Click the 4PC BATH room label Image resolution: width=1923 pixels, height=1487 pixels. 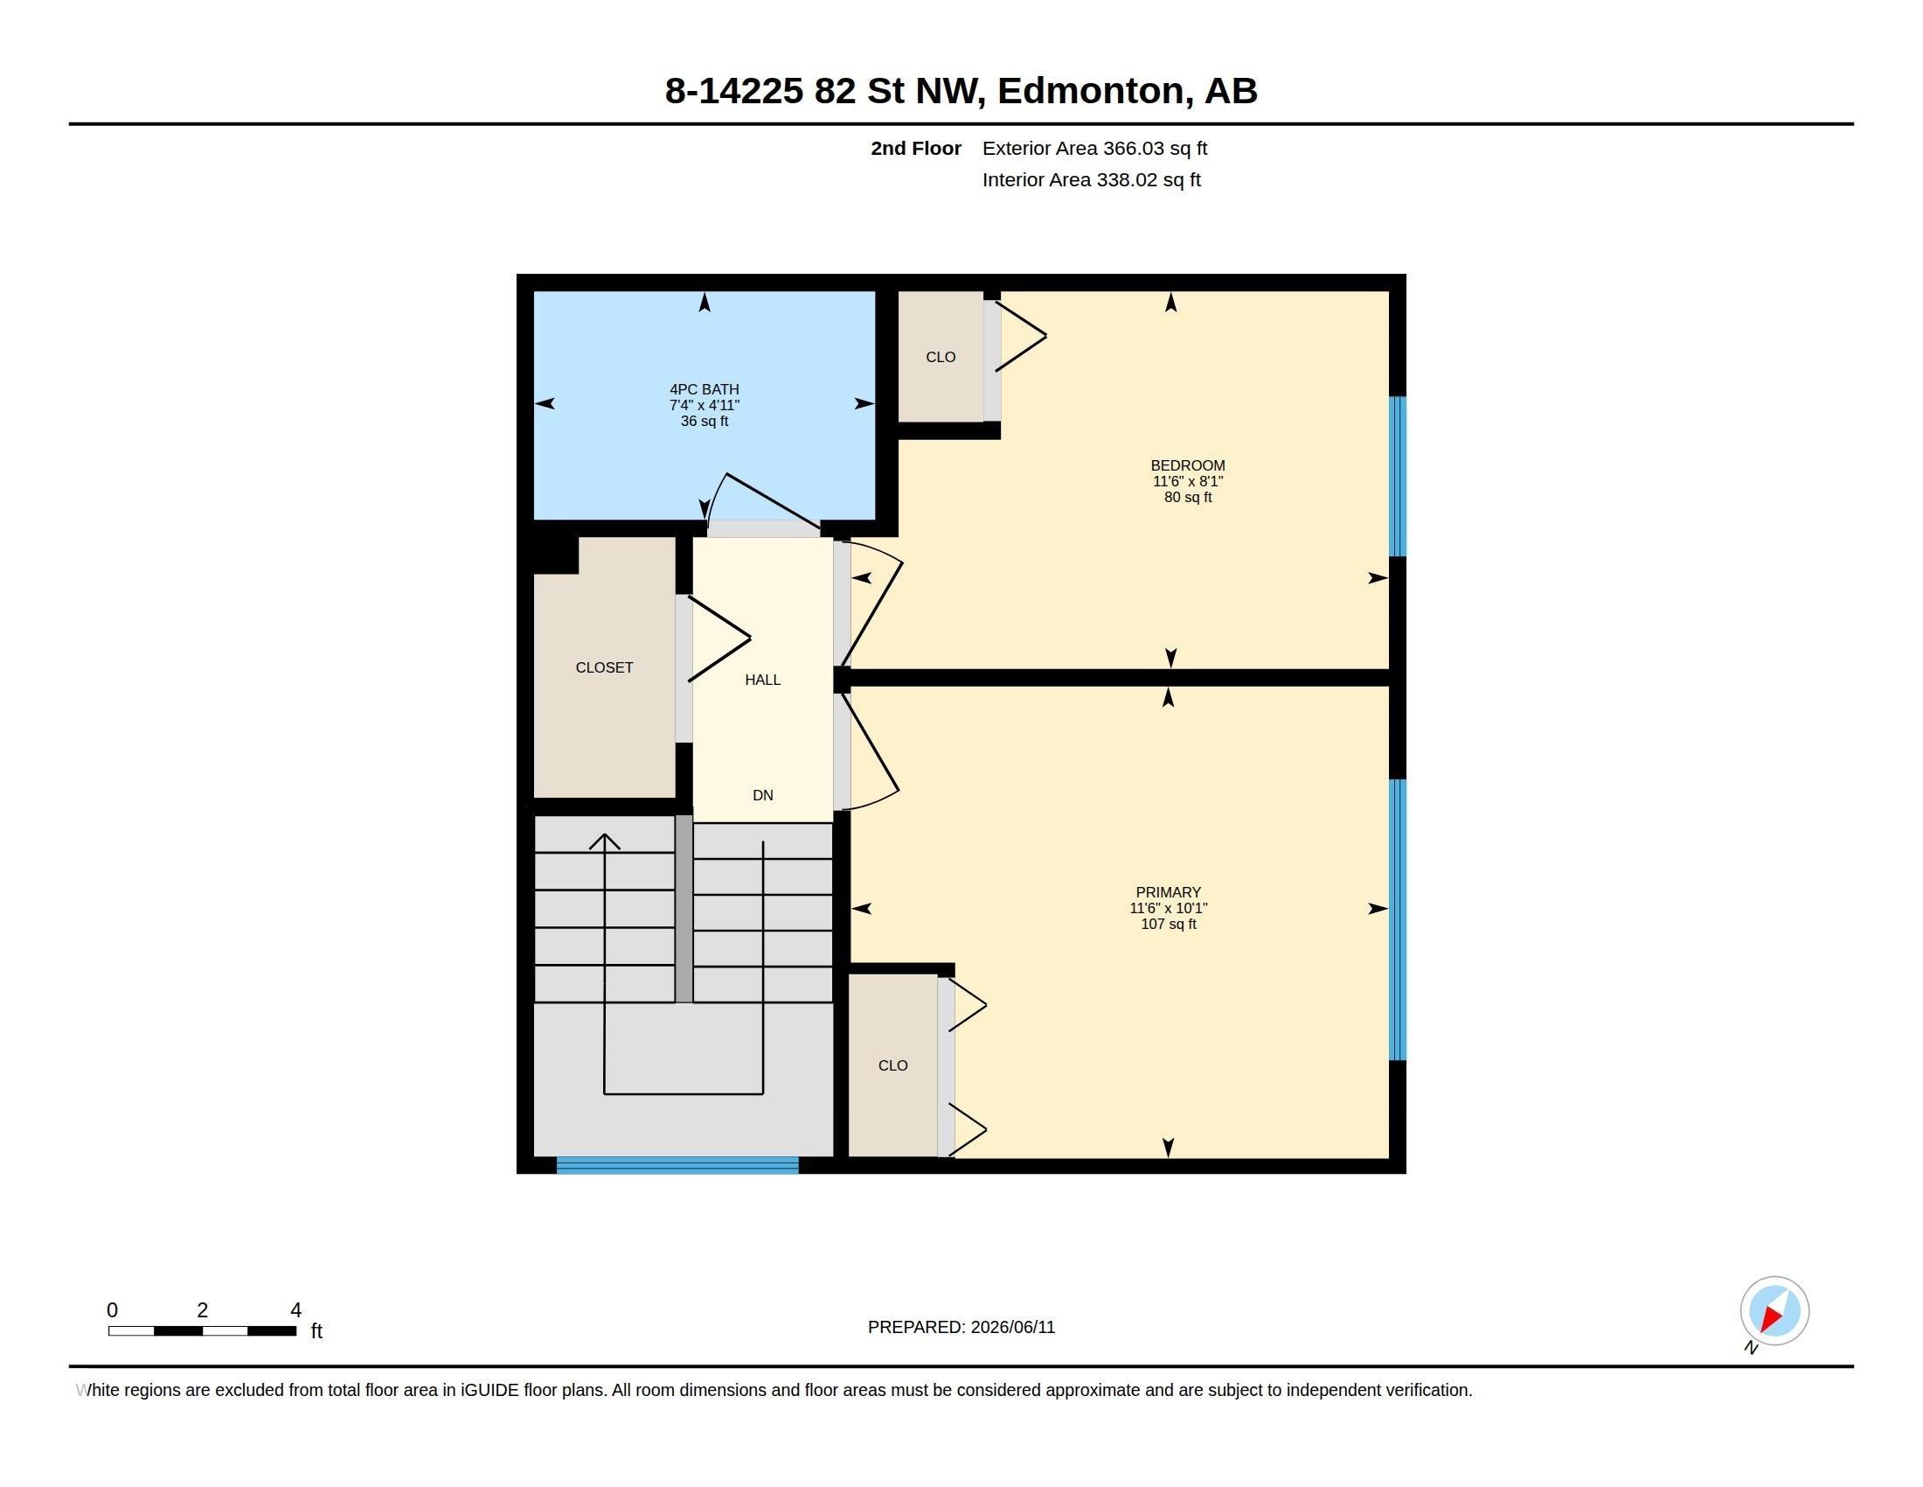coord(704,389)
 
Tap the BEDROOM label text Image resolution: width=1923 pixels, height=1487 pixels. coord(1188,465)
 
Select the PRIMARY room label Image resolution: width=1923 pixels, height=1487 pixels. coord(1169,892)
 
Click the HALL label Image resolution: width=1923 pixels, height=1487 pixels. coord(762,679)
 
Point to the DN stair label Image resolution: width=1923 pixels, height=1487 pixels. coord(762,794)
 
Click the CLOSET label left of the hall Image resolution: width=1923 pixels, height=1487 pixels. coord(604,667)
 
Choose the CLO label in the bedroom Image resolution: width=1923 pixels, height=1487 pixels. coord(941,357)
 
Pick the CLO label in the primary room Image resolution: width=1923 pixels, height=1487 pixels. coord(892,1065)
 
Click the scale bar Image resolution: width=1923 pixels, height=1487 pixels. coord(202,1331)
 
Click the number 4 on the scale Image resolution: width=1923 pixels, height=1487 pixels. coord(295,1310)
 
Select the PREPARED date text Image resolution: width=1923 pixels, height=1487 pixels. coord(961,1327)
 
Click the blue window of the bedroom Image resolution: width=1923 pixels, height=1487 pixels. coord(1398,477)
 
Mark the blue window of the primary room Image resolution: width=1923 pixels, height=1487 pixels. coord(1398,919)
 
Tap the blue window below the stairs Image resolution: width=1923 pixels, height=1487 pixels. coord(677,1165)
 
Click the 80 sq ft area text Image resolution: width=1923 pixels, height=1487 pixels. coord(1188,497)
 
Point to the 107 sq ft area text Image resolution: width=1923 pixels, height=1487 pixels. coord(1169,924)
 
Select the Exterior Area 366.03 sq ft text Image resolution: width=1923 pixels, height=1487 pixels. coord(1094,148)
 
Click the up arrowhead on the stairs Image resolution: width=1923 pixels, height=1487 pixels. coord(604,841)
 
